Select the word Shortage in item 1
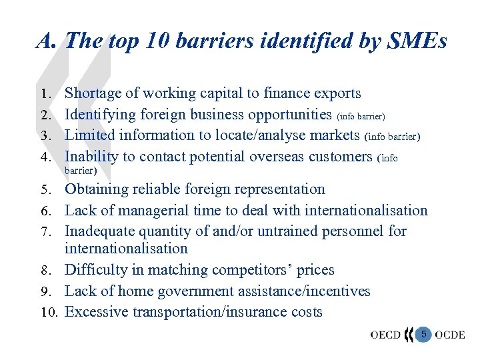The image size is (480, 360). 95,93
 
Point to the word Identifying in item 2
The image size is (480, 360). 99,114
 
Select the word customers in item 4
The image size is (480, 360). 341,157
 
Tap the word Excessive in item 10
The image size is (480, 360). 95,312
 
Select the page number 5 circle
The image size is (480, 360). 423,333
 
